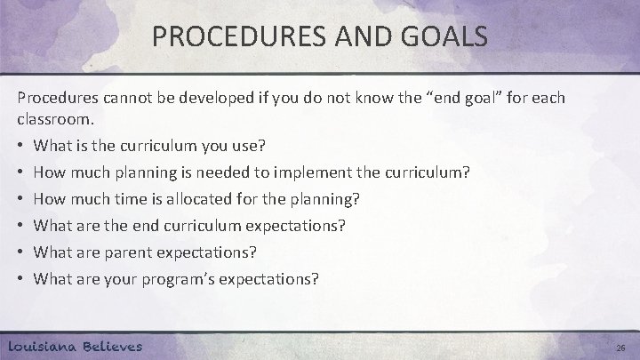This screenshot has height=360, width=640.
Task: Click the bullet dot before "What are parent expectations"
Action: [20, 252]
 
